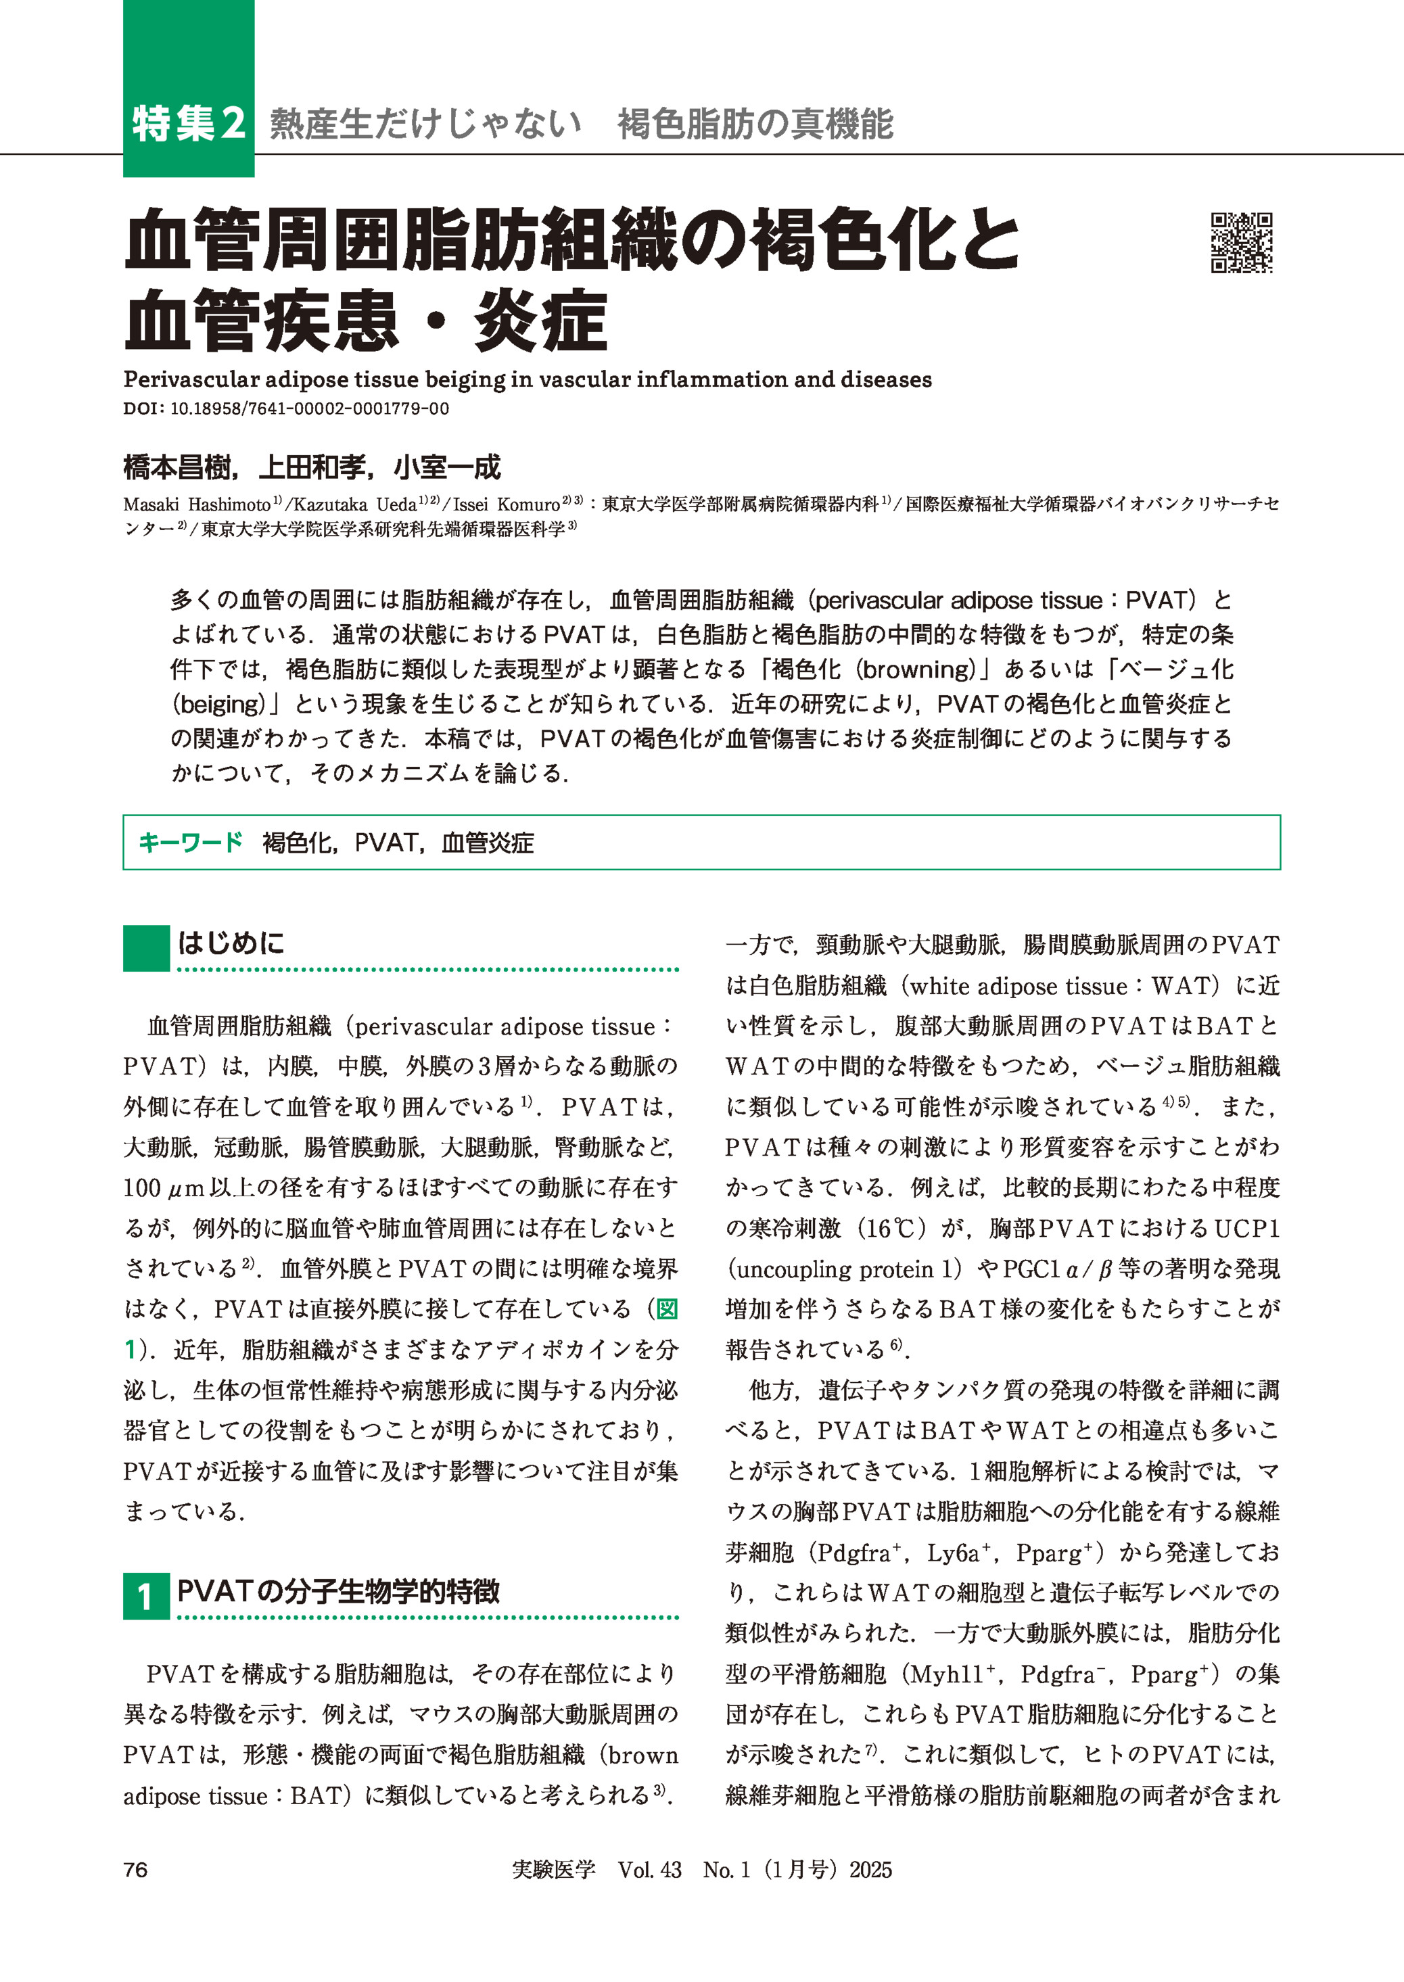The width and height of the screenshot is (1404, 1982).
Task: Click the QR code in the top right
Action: pyautogui.click(x=1242, y=243)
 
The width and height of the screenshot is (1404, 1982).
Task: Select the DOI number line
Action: pyautogui.click(x=286, y=409)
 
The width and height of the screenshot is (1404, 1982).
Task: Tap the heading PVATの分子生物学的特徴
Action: pyautogui.click(x=338, y=1591)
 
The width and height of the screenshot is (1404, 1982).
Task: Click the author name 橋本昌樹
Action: pyautogui.click(x=177, y=468)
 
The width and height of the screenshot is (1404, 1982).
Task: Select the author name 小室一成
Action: pyautogui.click(x=447, y=468)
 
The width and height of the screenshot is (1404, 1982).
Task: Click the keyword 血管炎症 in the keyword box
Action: pyautogui.click(x=488, y=843)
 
